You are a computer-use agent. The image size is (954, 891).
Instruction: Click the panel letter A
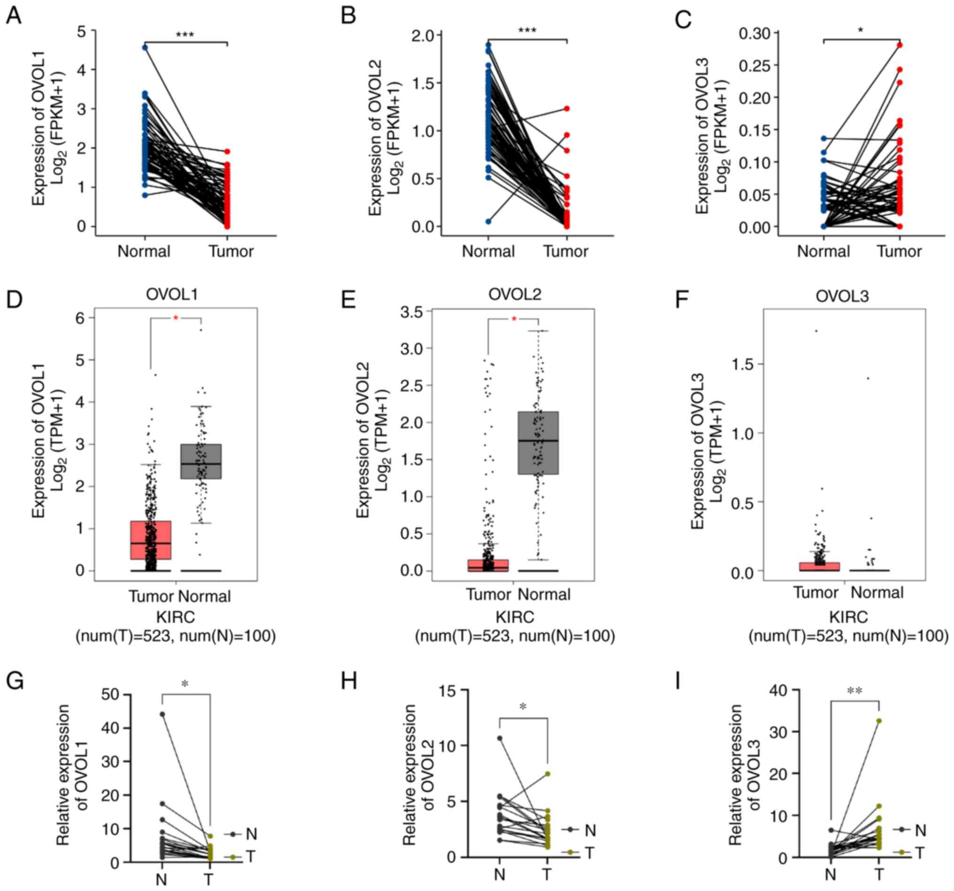click(x=14, y=16)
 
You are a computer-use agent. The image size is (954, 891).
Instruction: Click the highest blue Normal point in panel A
click(x=145, y=47)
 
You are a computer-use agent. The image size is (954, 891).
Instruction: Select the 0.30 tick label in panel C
click(x=754, y=34)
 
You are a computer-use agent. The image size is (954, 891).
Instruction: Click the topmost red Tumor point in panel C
click(x=900, y=46)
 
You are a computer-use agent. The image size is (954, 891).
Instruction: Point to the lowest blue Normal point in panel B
click(x=488, y=221)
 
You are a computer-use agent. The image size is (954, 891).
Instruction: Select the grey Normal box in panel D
click(x=200, y=461)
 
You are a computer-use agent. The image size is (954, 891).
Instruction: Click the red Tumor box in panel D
click(x=151, y=540)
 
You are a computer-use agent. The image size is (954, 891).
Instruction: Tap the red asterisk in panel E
click(x=514, y=319)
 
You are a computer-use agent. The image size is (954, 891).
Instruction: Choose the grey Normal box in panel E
click(x=538, y=442)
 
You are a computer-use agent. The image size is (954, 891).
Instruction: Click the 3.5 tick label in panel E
click(x=411, y=312)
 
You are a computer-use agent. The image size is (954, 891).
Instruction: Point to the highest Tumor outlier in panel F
click(x=816, y=330)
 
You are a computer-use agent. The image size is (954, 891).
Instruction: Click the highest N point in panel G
click(x=162, y=714)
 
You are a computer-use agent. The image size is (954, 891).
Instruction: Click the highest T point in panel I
click(x=879, y=721)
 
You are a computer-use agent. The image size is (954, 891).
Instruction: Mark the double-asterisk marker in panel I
click(x=854, y=691)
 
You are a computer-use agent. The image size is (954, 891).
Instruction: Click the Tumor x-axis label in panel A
click(x=231, y=252)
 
